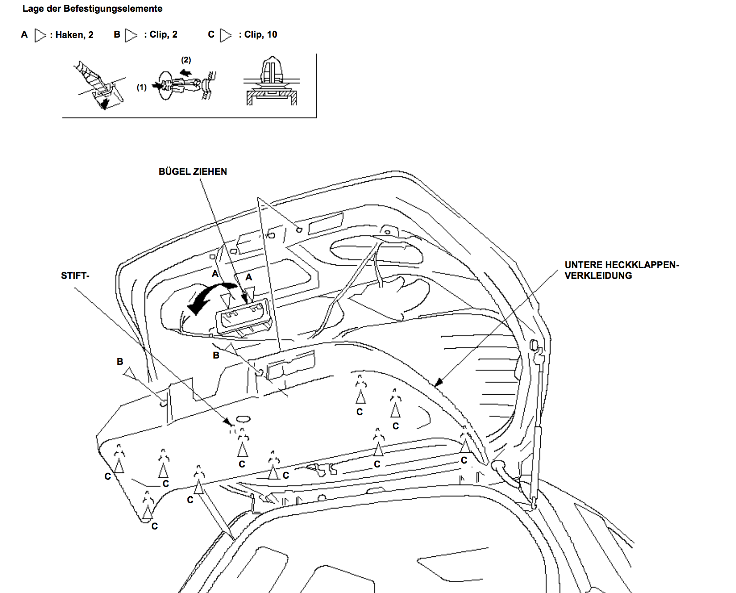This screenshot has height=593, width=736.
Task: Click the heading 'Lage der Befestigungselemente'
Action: pyautogui.click(x=92, y=9)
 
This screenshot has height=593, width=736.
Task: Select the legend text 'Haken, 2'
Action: pyautogui.click(x=74, y=35)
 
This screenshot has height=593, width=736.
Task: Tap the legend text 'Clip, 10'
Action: pyautogui.click(x=261, y=34)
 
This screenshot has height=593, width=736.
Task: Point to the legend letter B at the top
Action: pyautogui.click(x=117, y=34)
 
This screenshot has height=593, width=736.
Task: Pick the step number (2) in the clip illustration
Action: pyautogui.click(x=186, y=60)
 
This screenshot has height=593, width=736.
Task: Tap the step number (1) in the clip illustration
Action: pyautogui.click(x=142, y=87)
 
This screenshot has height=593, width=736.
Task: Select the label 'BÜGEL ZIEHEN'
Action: pyautogui.click(x=193, y=171)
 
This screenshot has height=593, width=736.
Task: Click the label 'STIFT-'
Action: pyautogui.click(x=75, y=275)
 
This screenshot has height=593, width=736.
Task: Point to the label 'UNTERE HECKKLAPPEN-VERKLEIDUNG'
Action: pyautogui.click(x=621, y=270)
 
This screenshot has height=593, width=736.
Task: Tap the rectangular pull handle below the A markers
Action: pyautogui.click(x=243, y=318)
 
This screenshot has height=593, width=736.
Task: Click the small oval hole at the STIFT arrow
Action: pyautogui.click(x=243, y=419)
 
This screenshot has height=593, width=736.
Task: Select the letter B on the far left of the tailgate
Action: pyautogui.click(x=120, y=361)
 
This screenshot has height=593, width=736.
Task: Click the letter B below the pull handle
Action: pyautogui.click(x=216, y=355)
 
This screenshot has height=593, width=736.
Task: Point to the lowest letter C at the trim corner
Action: pyautogui.click(x=155, y=526)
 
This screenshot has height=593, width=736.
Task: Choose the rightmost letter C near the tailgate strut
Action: pyautogui.click(x=464, y=460)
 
